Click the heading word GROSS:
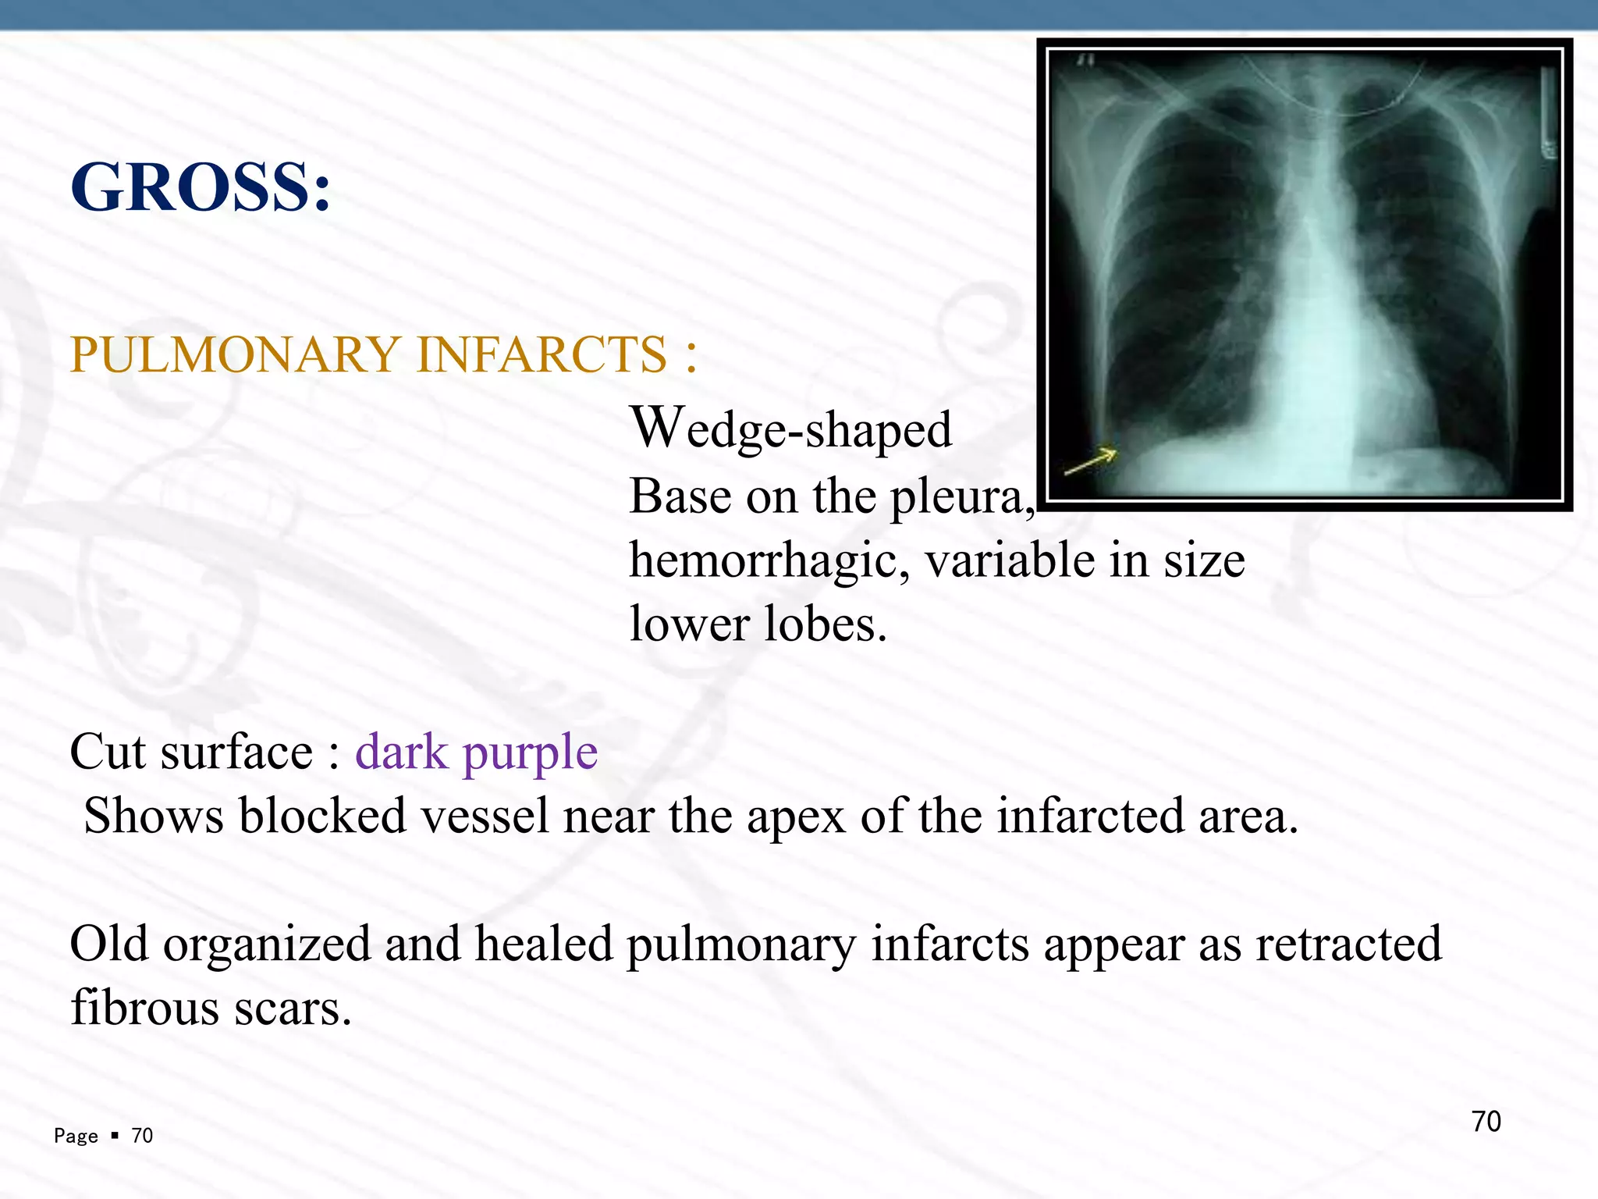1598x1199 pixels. click(201, 188)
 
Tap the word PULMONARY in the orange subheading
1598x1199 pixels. click(234, 355)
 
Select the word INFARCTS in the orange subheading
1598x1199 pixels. click(542, 355)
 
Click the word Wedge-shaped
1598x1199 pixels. click(791, 429)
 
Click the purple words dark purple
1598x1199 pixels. click(477, 752)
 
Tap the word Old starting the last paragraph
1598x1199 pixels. click(109, 945)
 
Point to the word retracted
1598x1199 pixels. click(1348, 945)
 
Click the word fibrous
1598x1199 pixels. click(144, 1009)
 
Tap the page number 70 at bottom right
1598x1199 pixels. click(1486, 1122)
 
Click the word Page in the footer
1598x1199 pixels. click(76, 1136)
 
